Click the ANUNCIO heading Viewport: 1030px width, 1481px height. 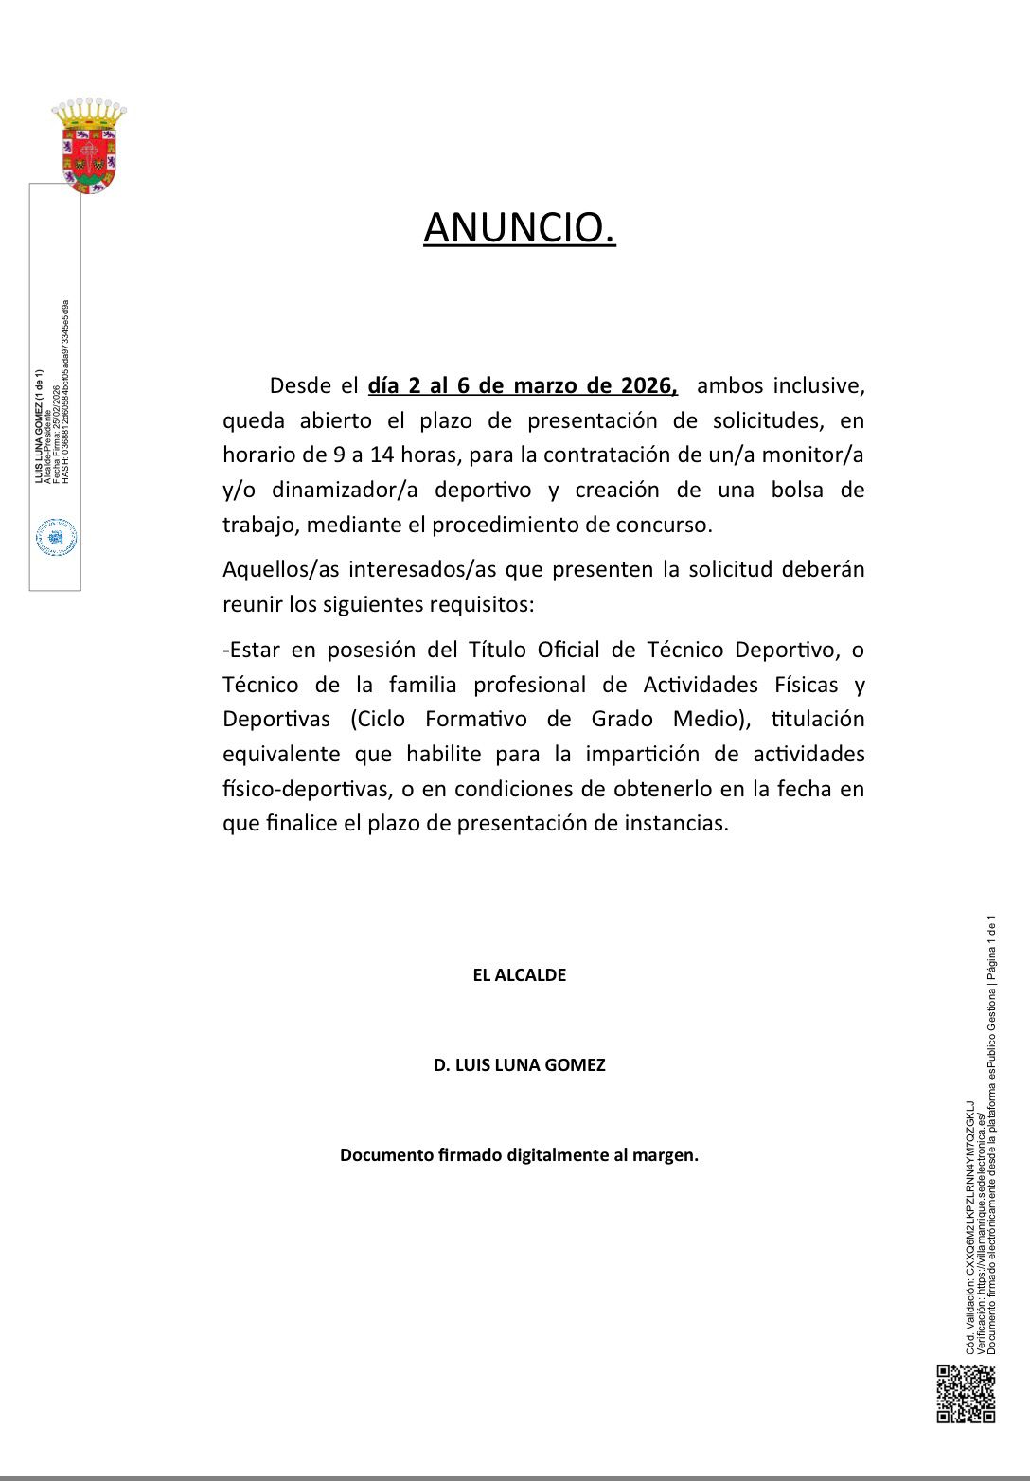click(519, 228)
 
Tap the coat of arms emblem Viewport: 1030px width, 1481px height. click(89, 147)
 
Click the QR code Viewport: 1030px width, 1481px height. click(966, 1393)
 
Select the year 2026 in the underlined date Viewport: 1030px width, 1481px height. click(648, 386)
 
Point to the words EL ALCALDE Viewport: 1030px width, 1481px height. click(519, 975)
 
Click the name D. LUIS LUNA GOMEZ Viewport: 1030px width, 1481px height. click(519, 1065)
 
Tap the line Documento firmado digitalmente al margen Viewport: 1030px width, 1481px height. click(519, 1155)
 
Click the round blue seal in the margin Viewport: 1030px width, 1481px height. click(56, 538)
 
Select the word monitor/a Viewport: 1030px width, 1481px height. click(815, 455)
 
